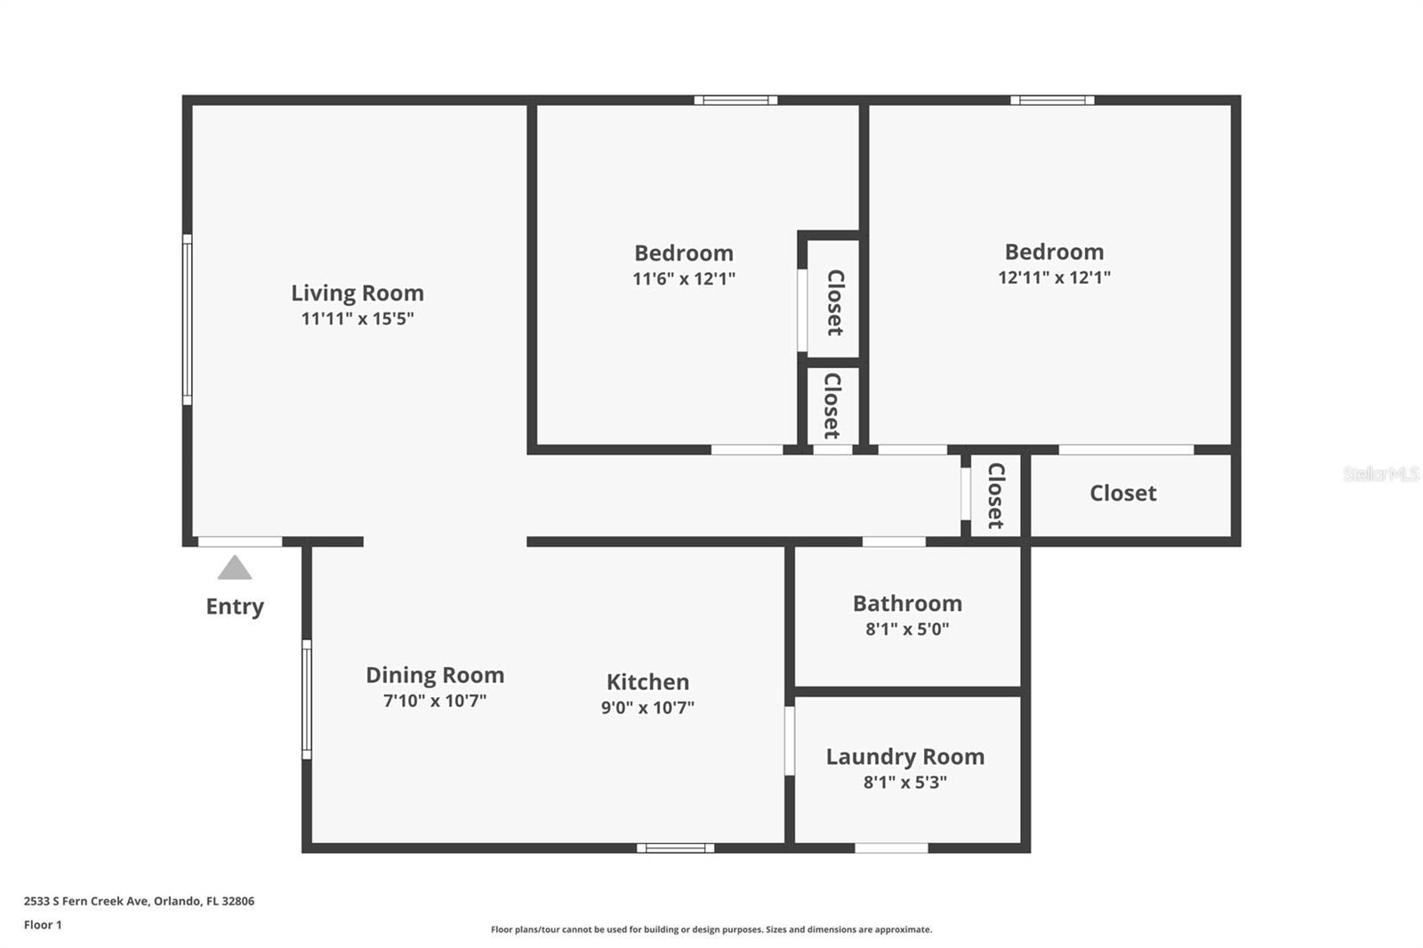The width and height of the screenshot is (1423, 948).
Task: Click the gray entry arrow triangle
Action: click(x=235, y=568)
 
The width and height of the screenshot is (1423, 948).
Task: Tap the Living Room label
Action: click(x=358, y=293)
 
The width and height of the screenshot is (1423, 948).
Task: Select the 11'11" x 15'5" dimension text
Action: click(x=358, y=318)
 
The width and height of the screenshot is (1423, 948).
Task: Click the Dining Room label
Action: click(x=435, y=675)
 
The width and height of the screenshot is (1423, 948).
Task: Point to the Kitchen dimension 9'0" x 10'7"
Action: click(x=647, y=708)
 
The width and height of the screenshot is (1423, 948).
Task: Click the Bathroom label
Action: click(x=907, y=603)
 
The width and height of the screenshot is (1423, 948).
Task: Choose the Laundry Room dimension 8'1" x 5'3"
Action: click(x=904, y=783)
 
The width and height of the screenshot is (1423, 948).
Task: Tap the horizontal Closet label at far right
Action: click(x=1122, y=493)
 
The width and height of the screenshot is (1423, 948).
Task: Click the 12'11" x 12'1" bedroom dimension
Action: click(x=1054, y=277)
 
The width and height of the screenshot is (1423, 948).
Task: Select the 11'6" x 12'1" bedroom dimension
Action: click(x=683, y=279)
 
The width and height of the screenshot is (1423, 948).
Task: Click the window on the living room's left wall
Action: click(x=188, y=319)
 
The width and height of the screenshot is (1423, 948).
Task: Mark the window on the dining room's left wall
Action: click(x=307, y=699)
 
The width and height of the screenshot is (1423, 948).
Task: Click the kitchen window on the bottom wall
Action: click(x=675, y=848)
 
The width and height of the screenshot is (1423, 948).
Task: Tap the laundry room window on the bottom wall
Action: click(x=891, y=848)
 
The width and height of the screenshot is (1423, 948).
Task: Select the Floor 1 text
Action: click(x=43, y=925)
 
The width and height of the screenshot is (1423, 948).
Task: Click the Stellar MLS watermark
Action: click(x=1380, y=474)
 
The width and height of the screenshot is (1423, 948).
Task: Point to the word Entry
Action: click(x=235, y=607)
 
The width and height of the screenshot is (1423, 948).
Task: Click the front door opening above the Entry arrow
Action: click(x=239, y=542)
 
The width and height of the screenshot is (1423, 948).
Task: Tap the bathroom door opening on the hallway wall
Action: click(x=894, y=542)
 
